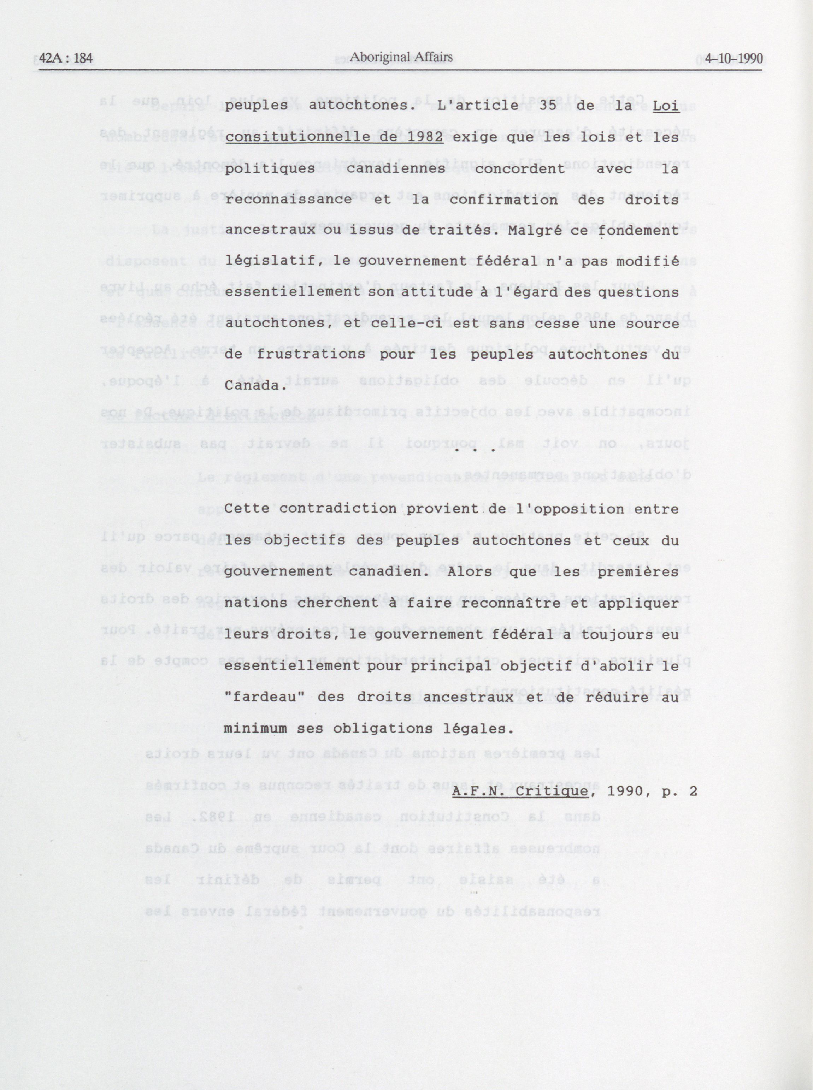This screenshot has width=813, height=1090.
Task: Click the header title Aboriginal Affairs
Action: click(x=401, y=58)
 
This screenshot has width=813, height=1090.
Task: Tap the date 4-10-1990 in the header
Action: click(x=733, y=59)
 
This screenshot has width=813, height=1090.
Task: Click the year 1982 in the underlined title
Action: click(x=425, y=138)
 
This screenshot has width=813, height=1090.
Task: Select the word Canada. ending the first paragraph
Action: click(x=255, y=386)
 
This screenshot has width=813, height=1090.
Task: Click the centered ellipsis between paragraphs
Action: click(x=475, y=449)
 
